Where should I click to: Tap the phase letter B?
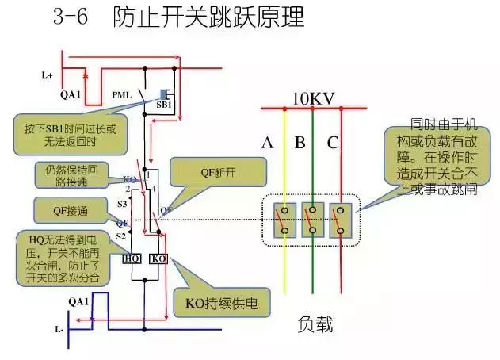pyautogui.click(x=300, y=144)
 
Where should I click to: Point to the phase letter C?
pyautogui.click(x=333, y=144)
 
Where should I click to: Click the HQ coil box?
pyautogui.click(x=132, y=259)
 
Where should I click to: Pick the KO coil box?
pyautogui.click(x=158, y=259)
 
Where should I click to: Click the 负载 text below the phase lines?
pyautogui.click(x=315, y=324)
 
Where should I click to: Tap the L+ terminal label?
pyautogui.click(x=48, y=76)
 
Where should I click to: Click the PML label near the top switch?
pyautogui.click(x=121, y=95)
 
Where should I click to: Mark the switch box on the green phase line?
pyautogui.click(x=313, y=219)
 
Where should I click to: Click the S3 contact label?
pyautogui.click(x=122, y=205)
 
